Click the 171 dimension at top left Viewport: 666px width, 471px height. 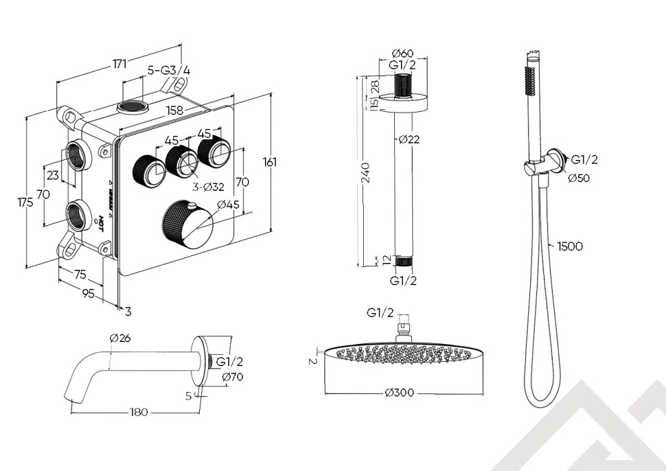coord(120,64)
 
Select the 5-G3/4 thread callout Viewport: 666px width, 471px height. coord(170,70)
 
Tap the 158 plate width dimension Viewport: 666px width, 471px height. coord(175,110)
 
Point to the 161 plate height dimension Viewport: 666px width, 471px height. coord(270,162)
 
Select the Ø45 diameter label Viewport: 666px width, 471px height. coord(227,205)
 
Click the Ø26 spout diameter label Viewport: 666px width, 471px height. coord(119,337)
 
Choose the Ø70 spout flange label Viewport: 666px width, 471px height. coord(232,376)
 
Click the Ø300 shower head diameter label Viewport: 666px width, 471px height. coord(400,393)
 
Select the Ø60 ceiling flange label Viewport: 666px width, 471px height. coord(403,54)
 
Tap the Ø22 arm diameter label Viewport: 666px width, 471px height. coord(409,139)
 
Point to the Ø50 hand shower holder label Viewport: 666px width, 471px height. coord(579,178)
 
